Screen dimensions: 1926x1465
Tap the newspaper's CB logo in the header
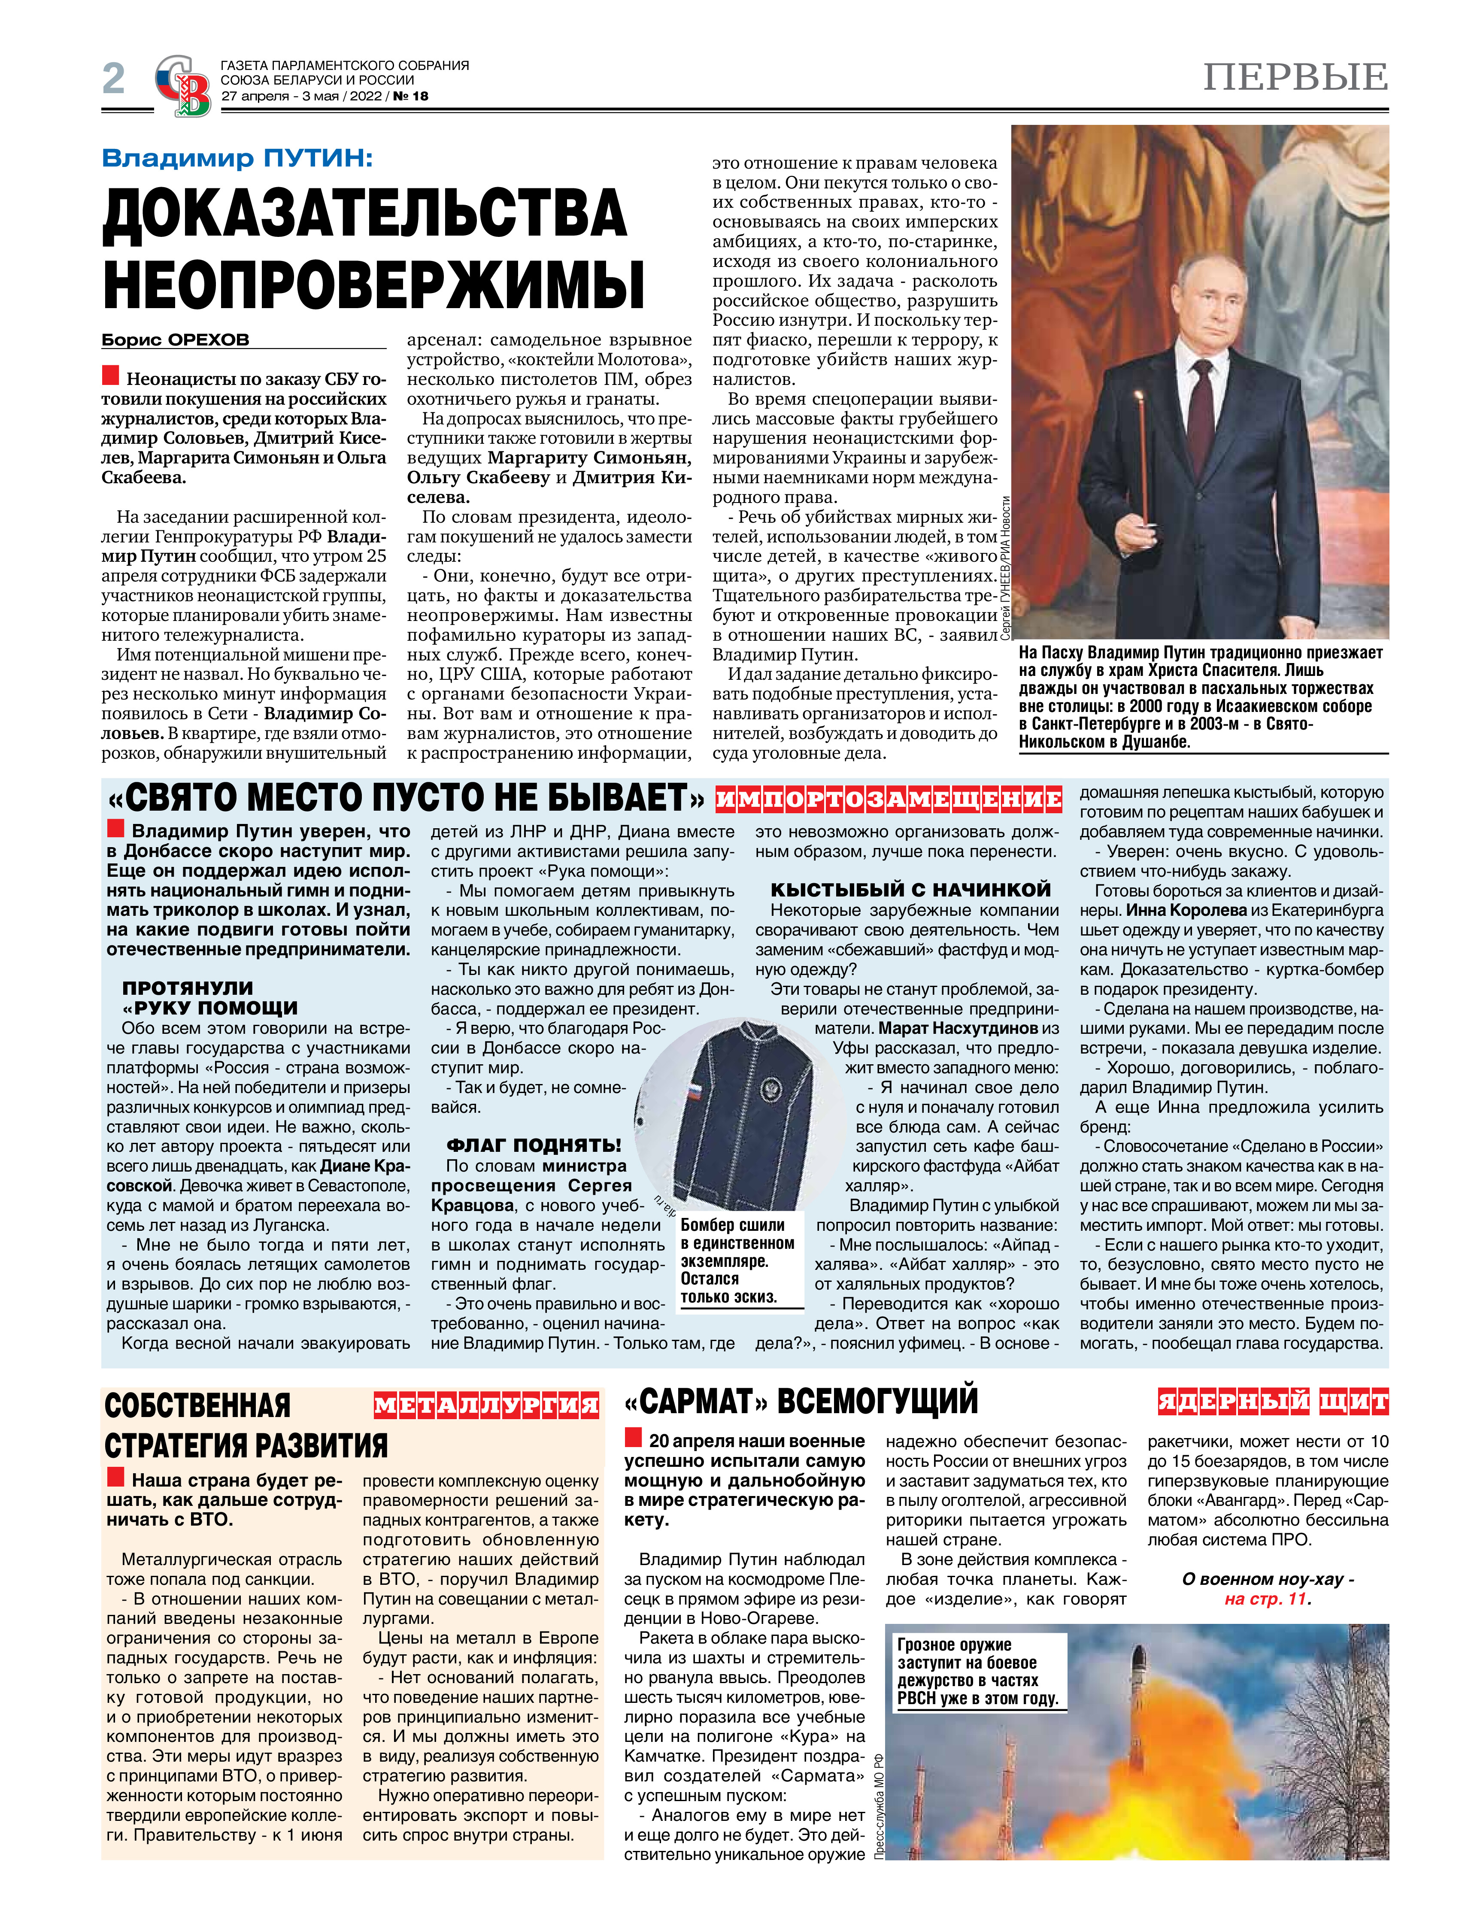[183, 85]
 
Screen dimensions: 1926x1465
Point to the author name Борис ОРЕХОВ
[175, 340]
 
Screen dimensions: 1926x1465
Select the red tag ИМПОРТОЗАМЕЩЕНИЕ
[888, 799]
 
